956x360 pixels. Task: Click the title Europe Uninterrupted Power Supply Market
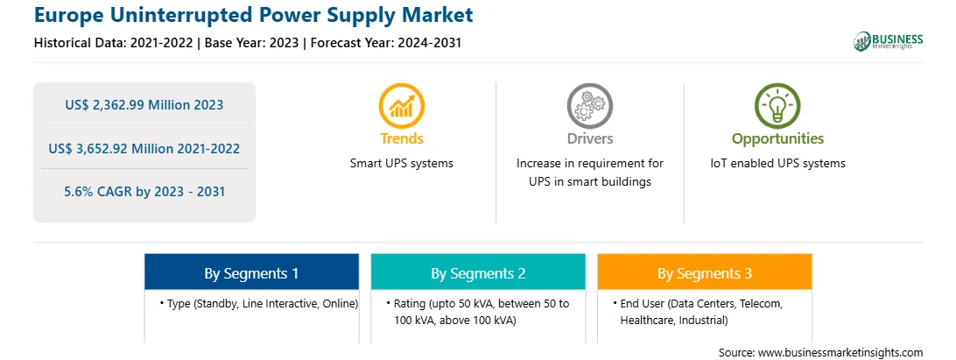pos(253,15)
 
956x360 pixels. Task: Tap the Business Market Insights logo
pos(888,41)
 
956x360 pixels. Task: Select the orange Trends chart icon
pos(401,106)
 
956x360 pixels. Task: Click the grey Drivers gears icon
pos(589,106)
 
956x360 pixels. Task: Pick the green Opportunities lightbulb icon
pos(777,106)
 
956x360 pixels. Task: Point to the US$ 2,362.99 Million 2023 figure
pos(144,105)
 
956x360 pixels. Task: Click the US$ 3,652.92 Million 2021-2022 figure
pos(144,148)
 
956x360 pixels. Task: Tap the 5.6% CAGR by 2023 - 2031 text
pos(144,192)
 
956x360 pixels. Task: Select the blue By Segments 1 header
pos(252,272)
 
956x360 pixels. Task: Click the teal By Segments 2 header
pos(478,272)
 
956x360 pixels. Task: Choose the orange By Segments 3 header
pos(705,272)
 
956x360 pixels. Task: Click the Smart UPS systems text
pos(402,164)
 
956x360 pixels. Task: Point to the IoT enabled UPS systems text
pos(777,164)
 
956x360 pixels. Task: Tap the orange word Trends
pos(402,138)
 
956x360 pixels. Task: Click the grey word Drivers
pos(589,138)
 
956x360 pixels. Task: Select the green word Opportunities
pos(777,138)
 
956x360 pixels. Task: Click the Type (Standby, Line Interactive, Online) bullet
pos(259,303)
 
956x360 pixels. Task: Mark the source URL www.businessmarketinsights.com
pos(840,352)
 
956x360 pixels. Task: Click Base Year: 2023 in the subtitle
pos(252,43)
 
